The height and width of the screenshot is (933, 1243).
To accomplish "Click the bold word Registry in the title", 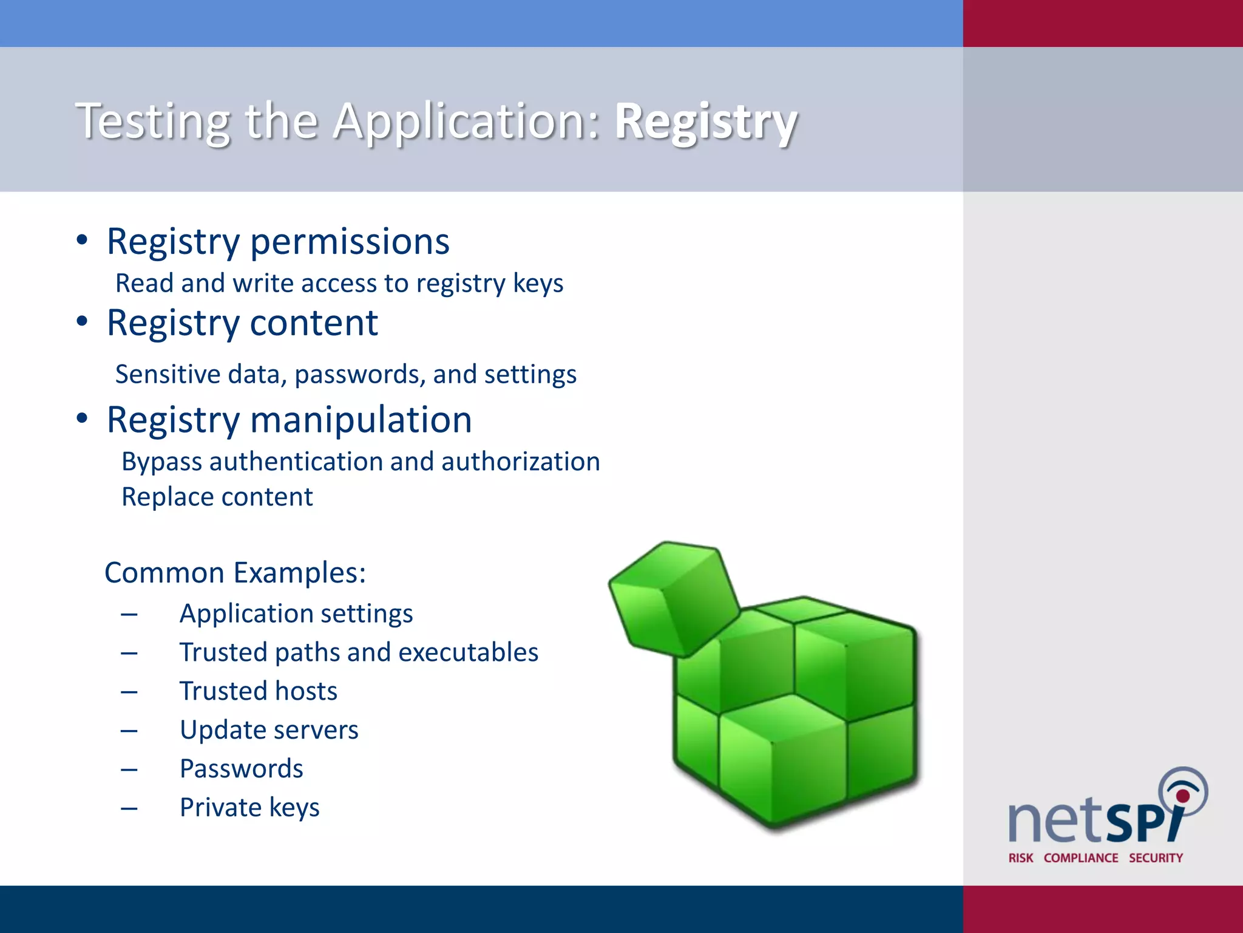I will (x=705, y=121).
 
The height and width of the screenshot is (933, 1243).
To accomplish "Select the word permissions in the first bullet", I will (x=350, y=242).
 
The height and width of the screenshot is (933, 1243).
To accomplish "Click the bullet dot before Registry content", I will (x=82, y=321).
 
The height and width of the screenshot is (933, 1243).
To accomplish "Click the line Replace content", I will (x=217, y=497).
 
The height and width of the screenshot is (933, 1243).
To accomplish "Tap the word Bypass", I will (x=161, y=462).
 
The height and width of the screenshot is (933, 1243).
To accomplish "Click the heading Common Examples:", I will (x=235, y=573).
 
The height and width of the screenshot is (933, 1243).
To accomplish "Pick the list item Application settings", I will (x=296, y=613).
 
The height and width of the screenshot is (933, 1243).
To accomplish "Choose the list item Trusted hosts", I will (x=259, y=691).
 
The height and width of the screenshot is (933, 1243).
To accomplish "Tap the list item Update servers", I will (x=269, y=730).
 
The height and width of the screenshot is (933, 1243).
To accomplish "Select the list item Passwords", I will (x=242, y=769).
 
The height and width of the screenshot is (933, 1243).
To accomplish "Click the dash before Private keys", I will (x=129, y=808).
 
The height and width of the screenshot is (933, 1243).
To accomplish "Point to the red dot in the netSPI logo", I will (x=1182, y=796).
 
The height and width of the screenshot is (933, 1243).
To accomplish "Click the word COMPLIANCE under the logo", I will (x=1080, y=858).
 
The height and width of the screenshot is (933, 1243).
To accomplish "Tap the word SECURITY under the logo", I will (x=1156, y=858).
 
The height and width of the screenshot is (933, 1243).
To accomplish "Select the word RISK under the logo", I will (x=1020, y=858).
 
